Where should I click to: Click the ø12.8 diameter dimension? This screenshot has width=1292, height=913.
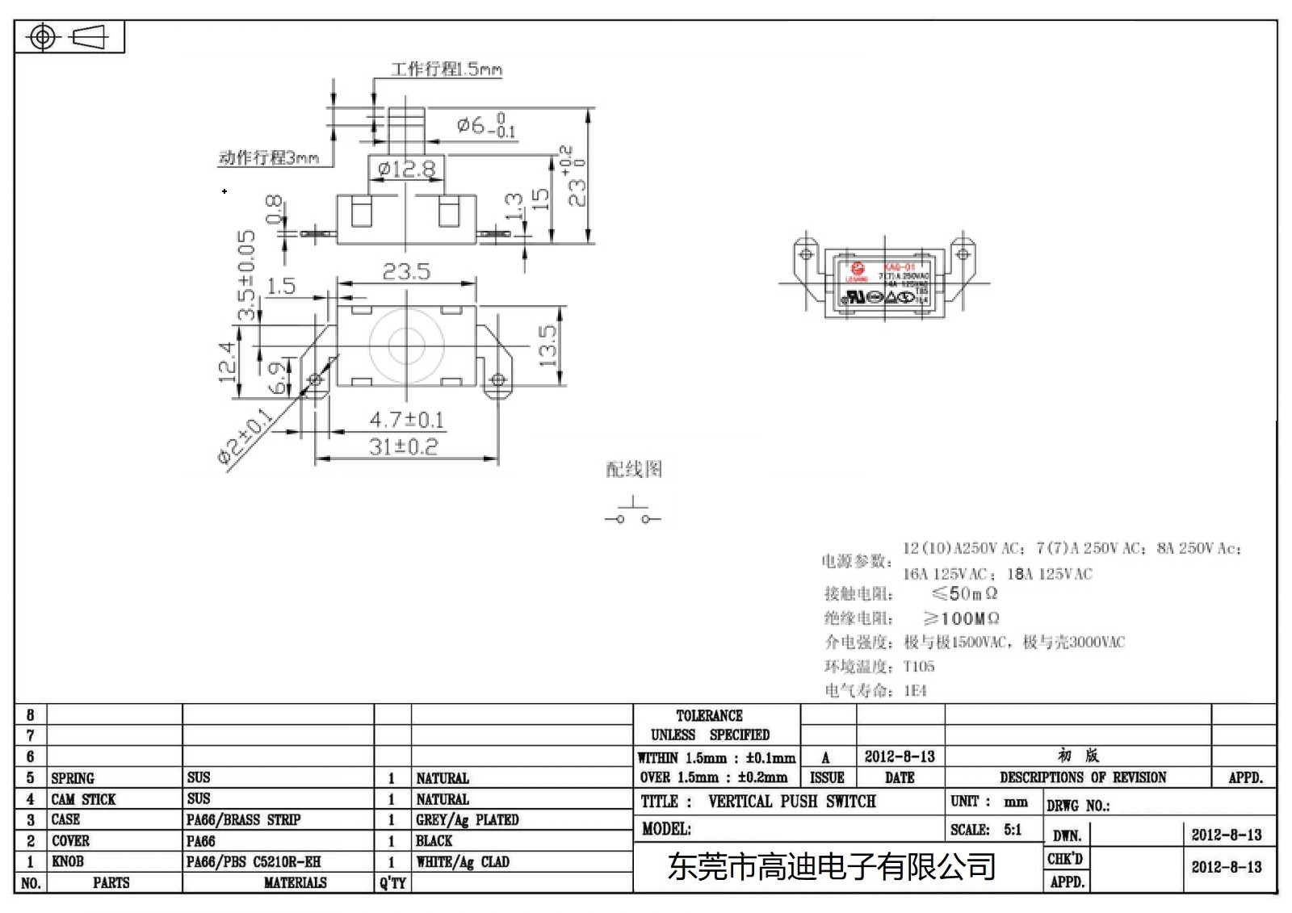[406, 169]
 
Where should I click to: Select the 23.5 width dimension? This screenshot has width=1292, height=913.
[406, 272]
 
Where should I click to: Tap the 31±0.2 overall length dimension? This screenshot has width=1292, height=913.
[403, 446]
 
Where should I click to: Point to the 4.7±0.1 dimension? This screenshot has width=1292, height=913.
[406, 420]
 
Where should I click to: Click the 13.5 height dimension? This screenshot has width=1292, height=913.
[547, 346]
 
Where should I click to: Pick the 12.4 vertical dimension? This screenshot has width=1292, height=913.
[228, 361]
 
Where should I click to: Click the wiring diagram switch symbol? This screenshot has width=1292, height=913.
[632, 515]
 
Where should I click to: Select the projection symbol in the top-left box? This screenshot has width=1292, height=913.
[68, 37]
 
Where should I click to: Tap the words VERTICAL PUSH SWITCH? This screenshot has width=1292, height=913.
[791, 802]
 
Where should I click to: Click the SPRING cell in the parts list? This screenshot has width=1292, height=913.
[73, 778]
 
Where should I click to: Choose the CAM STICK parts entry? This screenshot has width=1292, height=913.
[83, 799]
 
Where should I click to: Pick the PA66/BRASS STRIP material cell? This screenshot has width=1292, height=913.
[243, 820]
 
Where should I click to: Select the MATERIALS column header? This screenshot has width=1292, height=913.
[295, 883]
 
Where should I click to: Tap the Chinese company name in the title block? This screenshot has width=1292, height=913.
[831, 867]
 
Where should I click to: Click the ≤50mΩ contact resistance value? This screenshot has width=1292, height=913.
[964, 594]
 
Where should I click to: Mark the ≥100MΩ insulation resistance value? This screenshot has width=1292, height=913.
[961, 618]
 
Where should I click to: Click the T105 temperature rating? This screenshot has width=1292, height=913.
[919, 667]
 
